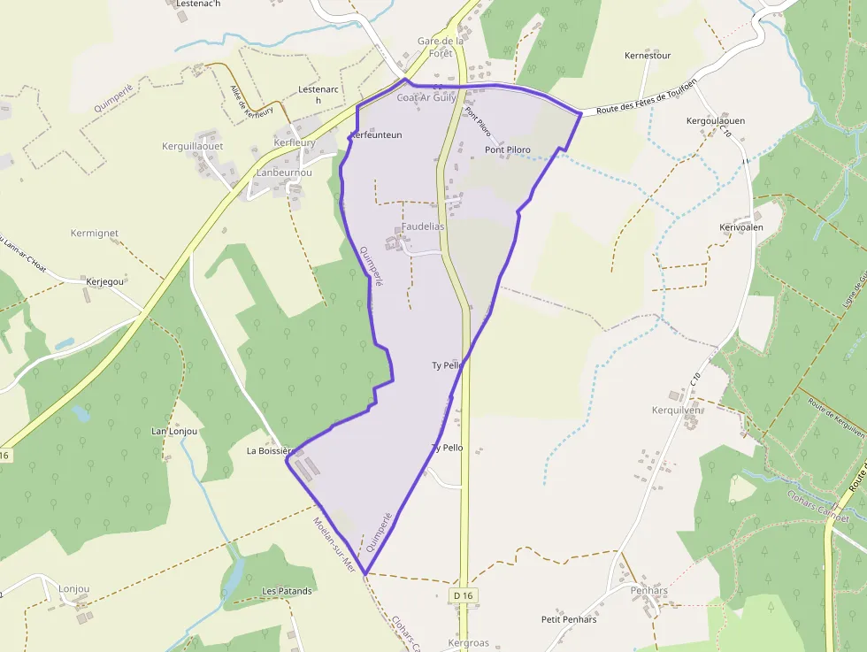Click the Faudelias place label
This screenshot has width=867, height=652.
click(x=423, y=226)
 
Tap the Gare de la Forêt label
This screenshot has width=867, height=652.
click(x=441, y=47)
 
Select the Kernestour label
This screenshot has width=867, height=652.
click(x=648, y=56)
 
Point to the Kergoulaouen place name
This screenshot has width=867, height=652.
click(x=716, y=120)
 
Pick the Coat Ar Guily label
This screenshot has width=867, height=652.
click(x=426, y=97)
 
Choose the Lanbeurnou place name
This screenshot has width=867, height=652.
click(x=284, y=173)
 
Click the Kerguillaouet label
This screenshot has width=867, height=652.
click(x=193, y=145)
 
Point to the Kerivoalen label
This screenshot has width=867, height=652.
click(x=741, y=227)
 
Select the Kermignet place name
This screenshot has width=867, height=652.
click(x=95, y=234)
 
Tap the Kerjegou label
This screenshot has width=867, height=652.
click(x=106, y=281)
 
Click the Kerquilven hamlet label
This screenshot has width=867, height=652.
click(x=676, y=410)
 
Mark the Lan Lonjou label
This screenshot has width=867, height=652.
click(x=174, y=432)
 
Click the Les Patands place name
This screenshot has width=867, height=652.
click(x=287, y=591)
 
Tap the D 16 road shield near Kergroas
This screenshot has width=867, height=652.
click(x=463, y=596)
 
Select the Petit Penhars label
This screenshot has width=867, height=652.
click(x=569, y=619)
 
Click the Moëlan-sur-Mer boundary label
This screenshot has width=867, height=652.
click(x=334, y=544)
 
